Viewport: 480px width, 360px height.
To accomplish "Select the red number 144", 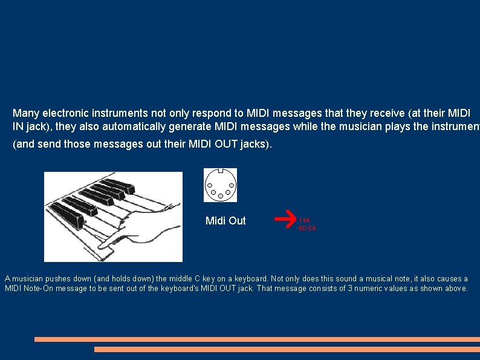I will (304, 221).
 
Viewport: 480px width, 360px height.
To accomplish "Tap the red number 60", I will (302, 229).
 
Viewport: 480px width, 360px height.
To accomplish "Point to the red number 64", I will (311, 229).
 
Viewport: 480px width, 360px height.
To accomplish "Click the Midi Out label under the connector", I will (225, 221).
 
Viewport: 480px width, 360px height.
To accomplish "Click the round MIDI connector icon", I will (220, 185).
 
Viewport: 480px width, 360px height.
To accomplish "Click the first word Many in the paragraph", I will (25, 113).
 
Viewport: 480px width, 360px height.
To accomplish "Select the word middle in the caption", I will (171, 279).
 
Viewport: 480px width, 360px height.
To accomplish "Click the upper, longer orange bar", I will (257, 339).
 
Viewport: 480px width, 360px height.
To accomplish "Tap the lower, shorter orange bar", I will (287, 349).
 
